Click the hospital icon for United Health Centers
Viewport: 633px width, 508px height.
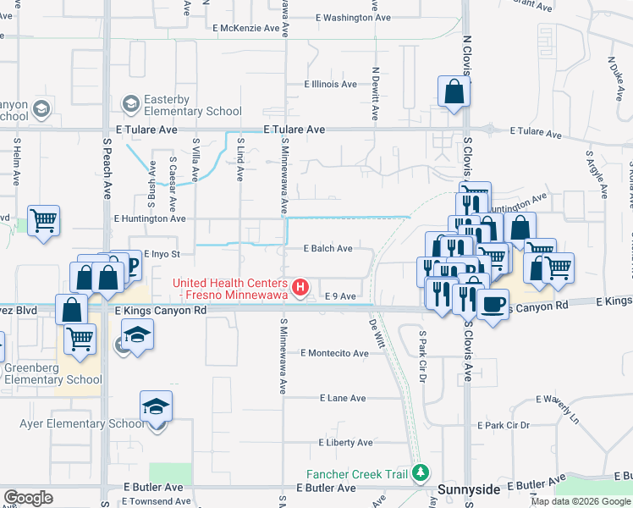click(300, 289)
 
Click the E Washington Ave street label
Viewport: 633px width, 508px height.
click(344, 17)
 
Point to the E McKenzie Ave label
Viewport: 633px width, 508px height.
click(246, 28)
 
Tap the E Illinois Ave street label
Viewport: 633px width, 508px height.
click(333, 85)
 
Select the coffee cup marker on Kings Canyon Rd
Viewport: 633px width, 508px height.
click(493, 304)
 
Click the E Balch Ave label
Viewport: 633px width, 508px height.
click(328, 249)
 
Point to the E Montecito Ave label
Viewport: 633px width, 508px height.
click(335, 353)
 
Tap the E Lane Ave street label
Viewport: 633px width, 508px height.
click(343, 398)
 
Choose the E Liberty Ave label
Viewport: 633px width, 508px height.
click(345, 443)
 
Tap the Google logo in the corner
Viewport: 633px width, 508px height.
click(28, 497)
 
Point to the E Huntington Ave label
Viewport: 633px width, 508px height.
click(150, 218)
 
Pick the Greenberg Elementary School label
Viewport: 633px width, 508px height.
click(52, 373)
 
